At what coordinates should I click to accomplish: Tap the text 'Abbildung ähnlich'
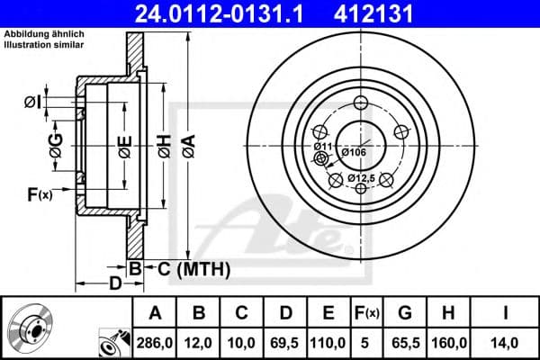pos(44,34)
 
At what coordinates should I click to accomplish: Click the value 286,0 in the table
pos(156,342)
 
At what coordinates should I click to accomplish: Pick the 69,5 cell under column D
pos(286,342)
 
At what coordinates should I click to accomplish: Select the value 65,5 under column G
pos(405,342)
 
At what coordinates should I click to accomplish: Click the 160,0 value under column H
pos(449,342)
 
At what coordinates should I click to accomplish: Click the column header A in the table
pos(156,312)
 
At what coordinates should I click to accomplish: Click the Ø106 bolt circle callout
pos(354,152)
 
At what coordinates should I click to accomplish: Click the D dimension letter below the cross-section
pos(115,284)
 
